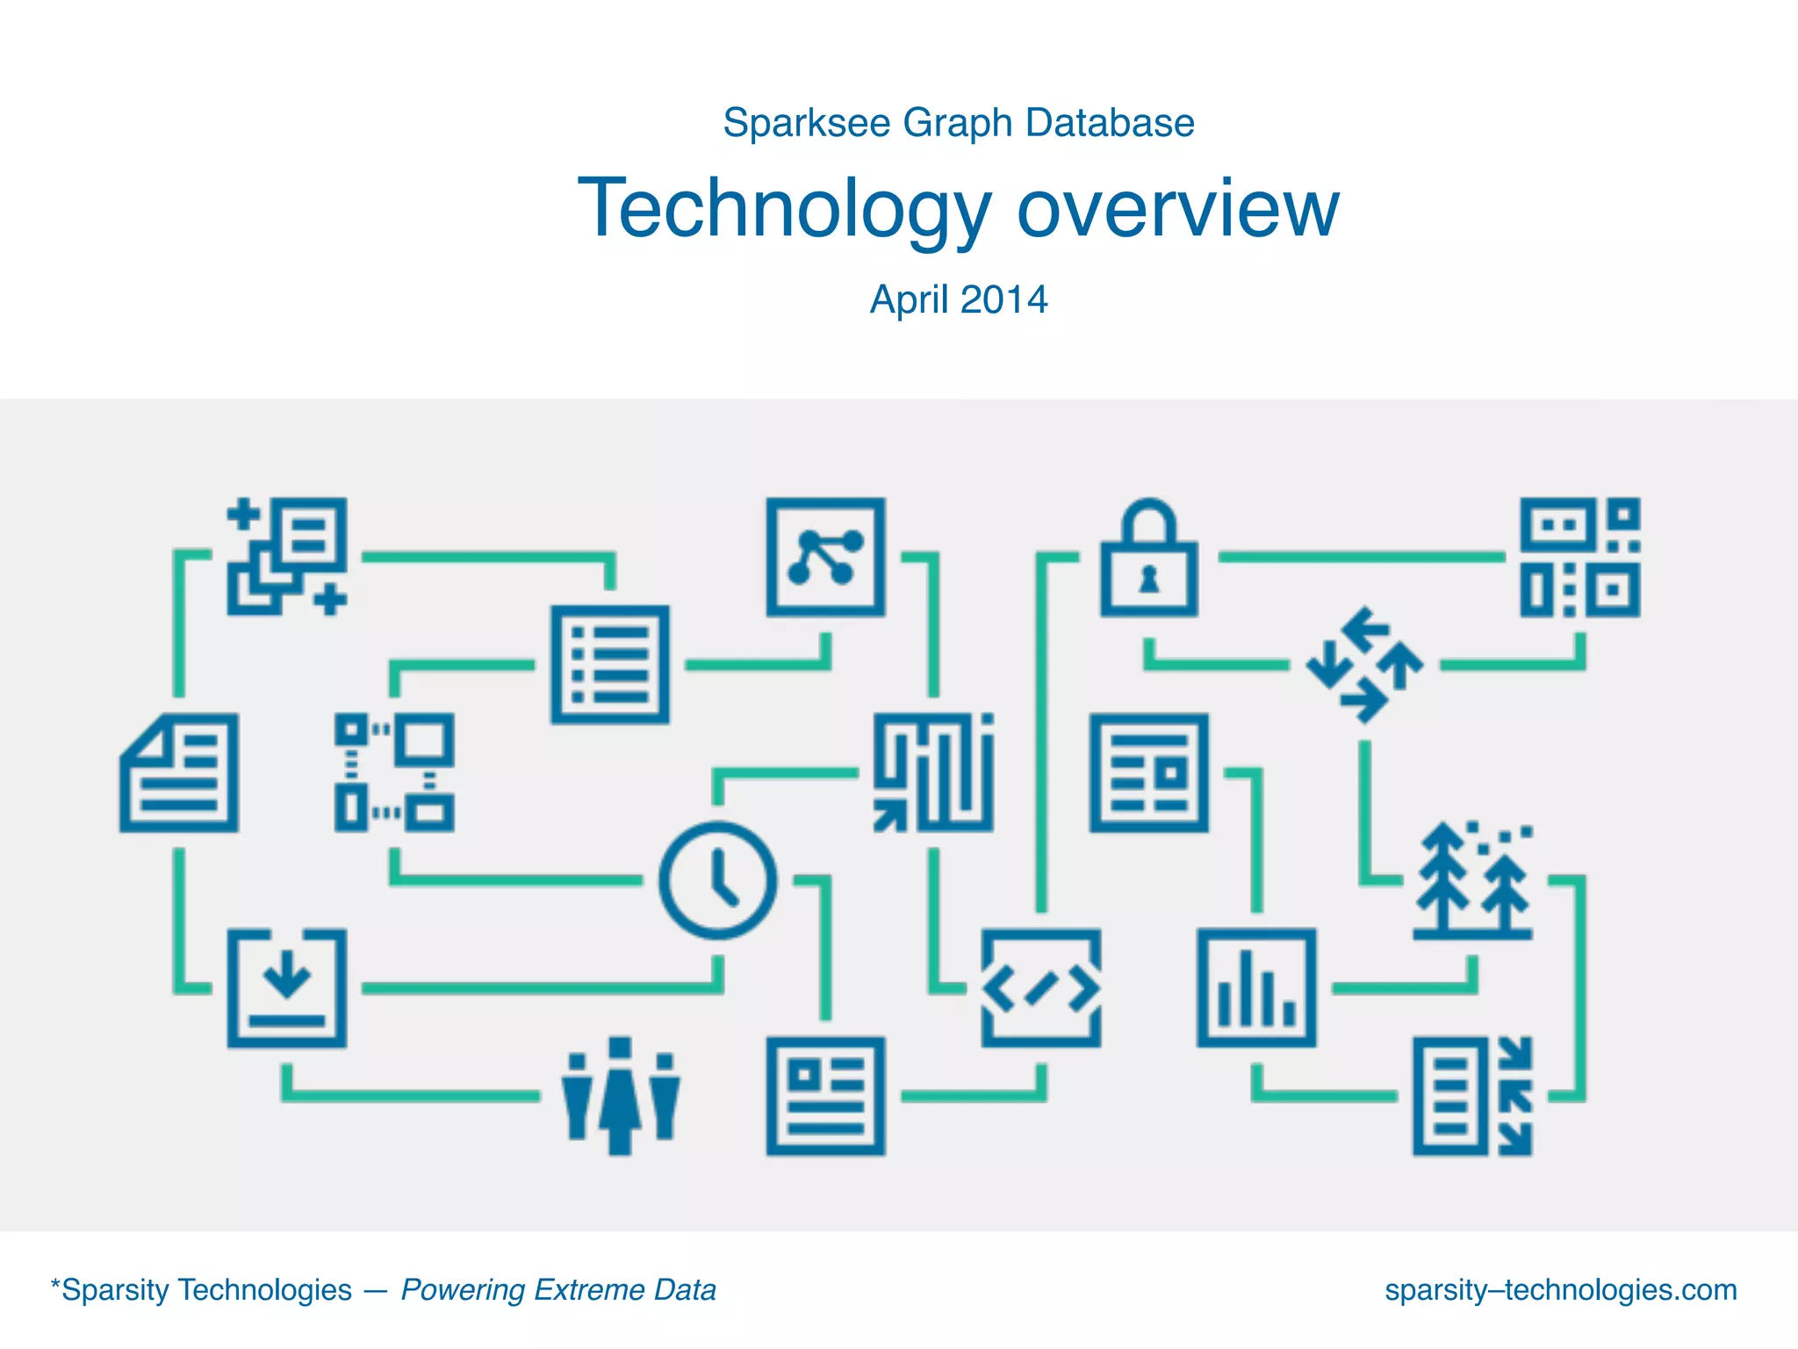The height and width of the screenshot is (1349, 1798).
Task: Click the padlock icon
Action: pos(1148,559)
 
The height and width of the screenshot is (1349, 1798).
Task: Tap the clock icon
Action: pos(718,880)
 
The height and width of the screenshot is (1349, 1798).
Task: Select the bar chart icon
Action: pos(1256,987)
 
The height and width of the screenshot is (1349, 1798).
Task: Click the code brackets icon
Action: pos(1040,988)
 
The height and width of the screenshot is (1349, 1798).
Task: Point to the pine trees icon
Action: pos(1472,880)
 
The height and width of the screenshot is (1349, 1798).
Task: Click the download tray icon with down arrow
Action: pos(287,987)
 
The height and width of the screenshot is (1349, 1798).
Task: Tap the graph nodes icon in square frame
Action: pos(825,557)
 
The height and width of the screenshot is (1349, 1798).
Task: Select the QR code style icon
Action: pos(1579,557)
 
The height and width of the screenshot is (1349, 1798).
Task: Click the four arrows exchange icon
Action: pos(1364,665)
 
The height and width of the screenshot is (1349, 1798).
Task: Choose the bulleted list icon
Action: pos(610,665)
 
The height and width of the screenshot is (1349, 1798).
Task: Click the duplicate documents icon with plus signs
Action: pos(287,557)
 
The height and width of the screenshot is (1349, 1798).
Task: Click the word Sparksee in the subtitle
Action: pos(806,123)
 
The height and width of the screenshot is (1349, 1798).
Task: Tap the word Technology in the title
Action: pos(784,209)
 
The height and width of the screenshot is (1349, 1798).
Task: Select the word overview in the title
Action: pos(1177,209)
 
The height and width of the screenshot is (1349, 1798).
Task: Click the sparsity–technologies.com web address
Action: pos(1560,1289)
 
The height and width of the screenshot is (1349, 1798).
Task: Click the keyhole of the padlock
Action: pos(1148,579)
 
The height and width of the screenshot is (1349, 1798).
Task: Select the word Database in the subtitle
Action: pos(1110,123)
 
